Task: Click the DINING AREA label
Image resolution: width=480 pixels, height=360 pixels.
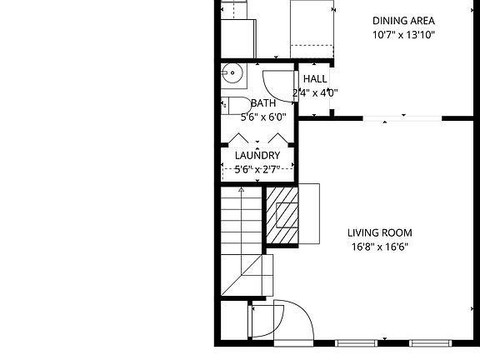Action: (403, 21)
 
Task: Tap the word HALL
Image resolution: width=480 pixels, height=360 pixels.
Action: (314, 79)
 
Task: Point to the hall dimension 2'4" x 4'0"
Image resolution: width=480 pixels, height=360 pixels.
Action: (314, 92)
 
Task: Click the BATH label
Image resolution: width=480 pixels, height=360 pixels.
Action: (263, 103)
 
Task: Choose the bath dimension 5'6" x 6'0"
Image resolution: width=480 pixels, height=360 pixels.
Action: (263, 117)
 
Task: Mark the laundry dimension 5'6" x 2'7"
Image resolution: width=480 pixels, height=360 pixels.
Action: (257, 169)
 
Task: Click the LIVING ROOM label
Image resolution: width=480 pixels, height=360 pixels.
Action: (380, 233)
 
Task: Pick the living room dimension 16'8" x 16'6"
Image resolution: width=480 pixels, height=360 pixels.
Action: (380, 247)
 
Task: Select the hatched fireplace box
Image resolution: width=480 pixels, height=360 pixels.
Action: (282, 216)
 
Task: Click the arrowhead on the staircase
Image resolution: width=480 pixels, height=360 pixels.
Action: (242, 190)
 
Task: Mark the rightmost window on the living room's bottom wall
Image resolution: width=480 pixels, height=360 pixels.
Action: (431, 342)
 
